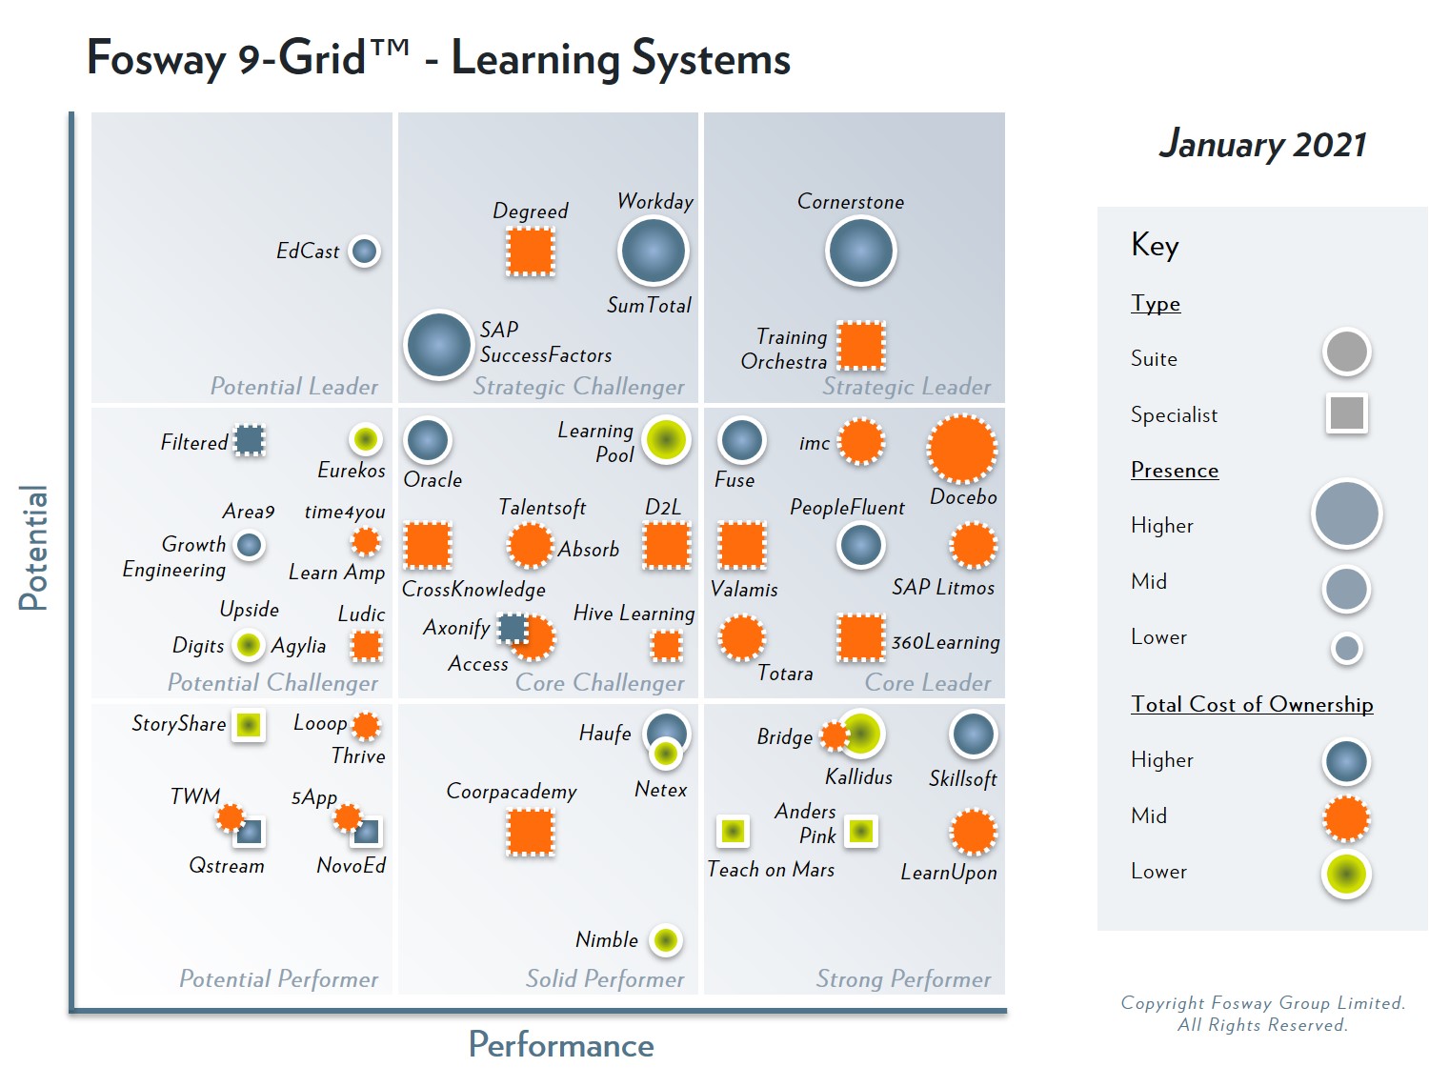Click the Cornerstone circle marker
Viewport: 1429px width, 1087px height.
pos(860,251)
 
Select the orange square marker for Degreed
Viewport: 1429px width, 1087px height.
pos(531,252)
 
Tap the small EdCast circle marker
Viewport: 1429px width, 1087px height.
pos(364,252)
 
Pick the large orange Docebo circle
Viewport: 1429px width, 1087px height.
pos(962,449)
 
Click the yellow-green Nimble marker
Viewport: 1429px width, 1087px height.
pos(666,940)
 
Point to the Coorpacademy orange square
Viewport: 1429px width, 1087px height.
pos(531,832)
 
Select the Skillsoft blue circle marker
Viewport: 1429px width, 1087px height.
pos(973,735)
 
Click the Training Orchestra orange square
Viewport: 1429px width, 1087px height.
pos(861,345)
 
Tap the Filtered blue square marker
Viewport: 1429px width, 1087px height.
pos(250,440)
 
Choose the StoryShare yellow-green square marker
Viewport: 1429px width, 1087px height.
pos(249,725)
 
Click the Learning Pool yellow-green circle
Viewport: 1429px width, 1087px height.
pos(666,440)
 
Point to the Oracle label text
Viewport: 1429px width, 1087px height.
pos(433,480)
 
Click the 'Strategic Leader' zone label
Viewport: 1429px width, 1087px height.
pos(906,387)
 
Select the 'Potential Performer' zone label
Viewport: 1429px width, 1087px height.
pos(278,979)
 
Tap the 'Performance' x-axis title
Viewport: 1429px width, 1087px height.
pos(561,1045)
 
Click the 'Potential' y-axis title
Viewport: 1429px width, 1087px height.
pos(33,548)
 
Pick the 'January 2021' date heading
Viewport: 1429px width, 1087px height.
pos(1262,145)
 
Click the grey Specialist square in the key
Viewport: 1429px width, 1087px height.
pos(1346,413)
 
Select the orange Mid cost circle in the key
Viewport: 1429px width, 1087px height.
pos(1346,818)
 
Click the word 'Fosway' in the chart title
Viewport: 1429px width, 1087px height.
pos(155,59)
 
